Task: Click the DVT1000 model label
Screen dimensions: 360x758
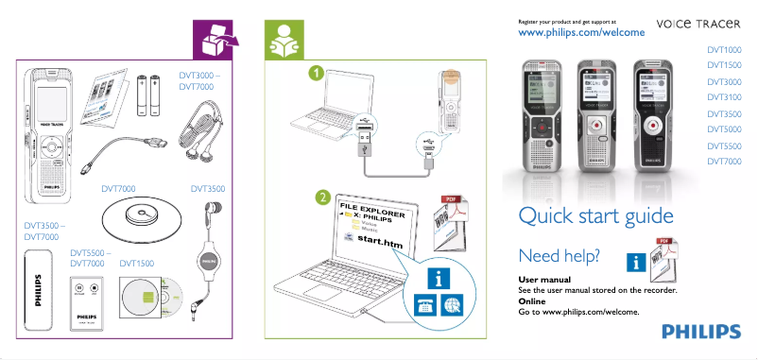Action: (724, 49)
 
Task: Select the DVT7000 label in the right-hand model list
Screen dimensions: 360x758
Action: (724, 162)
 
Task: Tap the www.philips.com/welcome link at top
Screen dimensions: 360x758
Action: (582, 33)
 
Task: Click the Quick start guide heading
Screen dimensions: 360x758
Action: (595, 216)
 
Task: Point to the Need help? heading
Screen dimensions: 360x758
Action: (560, 256)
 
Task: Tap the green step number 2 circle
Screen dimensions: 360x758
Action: (323, 198)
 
